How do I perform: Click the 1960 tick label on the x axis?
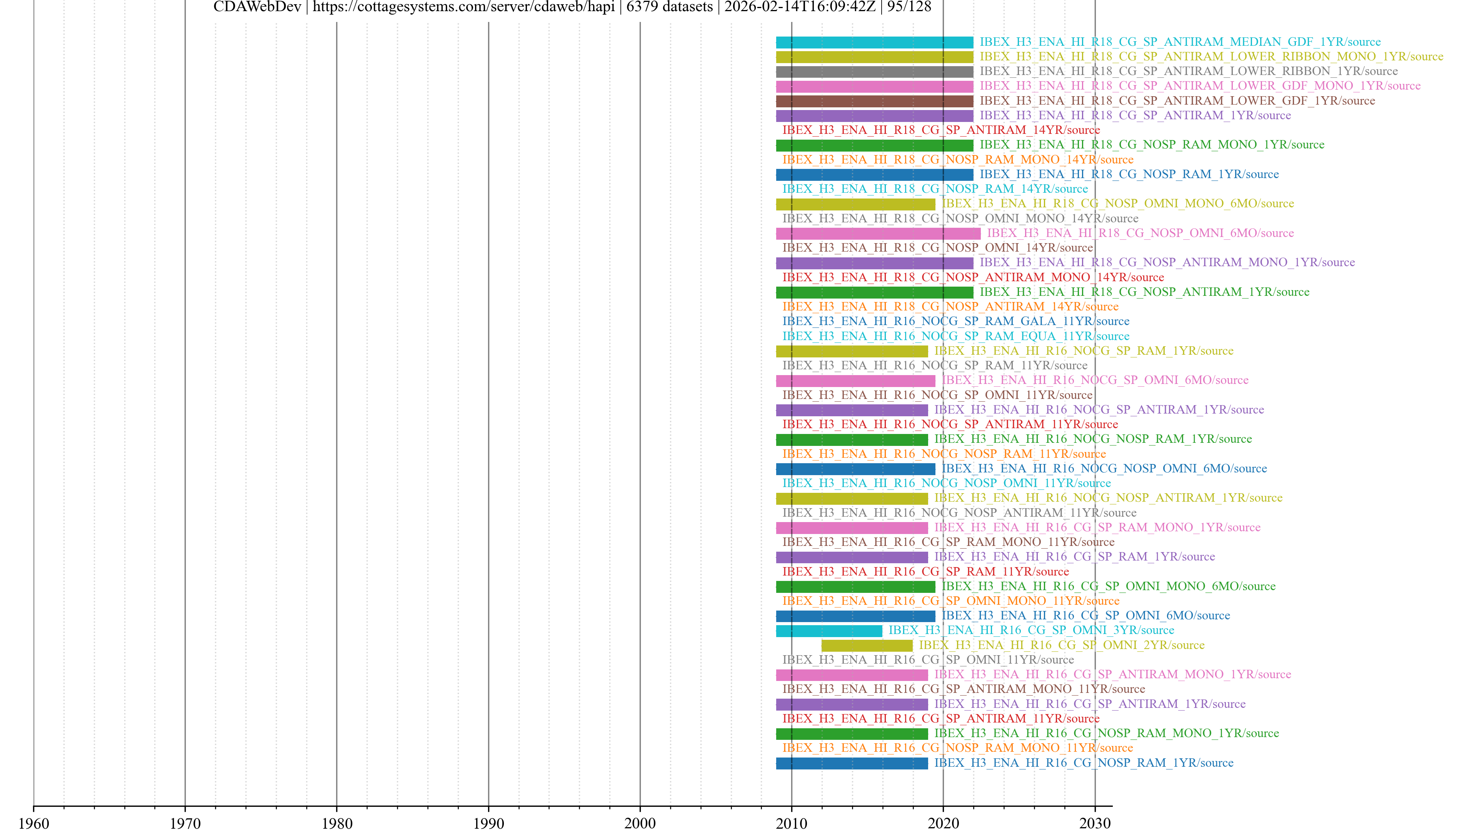click(34, 823)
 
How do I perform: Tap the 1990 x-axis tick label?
click(488, 823)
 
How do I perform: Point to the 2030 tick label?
click(1095, 823)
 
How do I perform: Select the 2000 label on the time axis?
click(640, 823)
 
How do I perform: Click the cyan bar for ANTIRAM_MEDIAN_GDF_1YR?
click(874, 42)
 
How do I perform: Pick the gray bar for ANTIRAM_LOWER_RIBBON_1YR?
click(874, 72)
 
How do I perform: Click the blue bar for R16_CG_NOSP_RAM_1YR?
click(852, 763)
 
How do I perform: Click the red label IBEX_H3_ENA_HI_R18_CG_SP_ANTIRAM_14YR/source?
click(941, 130)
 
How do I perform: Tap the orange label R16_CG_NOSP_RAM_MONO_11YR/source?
click(957, 748)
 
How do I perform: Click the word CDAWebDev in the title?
click(257, 7)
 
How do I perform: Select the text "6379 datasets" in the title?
click(669, 7)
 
